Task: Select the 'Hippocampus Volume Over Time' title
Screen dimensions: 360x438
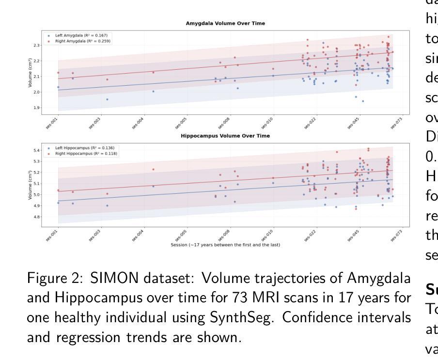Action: click(225, 136)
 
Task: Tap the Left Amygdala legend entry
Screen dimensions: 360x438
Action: click(78, 36)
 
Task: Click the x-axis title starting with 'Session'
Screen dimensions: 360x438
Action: click(225, 245)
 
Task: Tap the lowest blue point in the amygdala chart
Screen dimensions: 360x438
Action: click(362, 101)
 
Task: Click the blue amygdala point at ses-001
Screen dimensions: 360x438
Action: click(58, 87)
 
